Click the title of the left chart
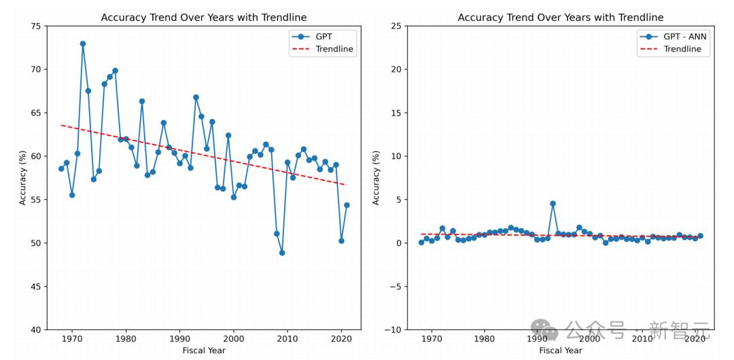[x=203, y=18]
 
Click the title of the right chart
[x=560, y=18]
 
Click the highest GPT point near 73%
[x=83, y=43]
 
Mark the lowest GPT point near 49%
[x=282, y=253]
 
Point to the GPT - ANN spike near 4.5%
[x=553, y=203]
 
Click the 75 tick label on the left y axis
[x=35, y=26]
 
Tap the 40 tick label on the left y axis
[x=35, y=330]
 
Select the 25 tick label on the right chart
[x=394, y=26]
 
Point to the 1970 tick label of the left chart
[x=71, y=339]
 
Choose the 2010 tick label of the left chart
[x=287, y=339]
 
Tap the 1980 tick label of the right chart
[x=485, y=339]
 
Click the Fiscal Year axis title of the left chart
[x=203, y=350]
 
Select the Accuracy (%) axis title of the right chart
[x=377, y=178]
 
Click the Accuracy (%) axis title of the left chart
[x=23, y=178]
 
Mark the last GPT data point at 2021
[x=347, y=205]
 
